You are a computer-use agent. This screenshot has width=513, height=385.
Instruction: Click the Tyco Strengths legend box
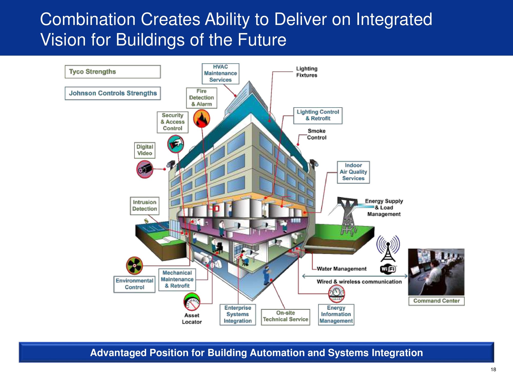(x=113, y=72)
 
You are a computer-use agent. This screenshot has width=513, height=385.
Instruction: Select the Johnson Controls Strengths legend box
(x=113, y=93)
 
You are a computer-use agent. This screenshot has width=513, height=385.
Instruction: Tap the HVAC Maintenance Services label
(x=220, y=74)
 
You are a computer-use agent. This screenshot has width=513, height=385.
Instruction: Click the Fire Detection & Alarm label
(x=202, y=98)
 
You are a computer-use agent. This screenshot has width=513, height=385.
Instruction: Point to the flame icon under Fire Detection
(x=202, y=119)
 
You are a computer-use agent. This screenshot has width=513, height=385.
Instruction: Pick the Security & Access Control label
(x=173, y=122)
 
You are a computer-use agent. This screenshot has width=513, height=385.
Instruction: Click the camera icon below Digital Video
(x=145, y=169)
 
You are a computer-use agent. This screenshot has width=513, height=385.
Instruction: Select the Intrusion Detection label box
(x=145, y=206)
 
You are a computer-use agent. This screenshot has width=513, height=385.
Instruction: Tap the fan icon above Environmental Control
(x=134, y=265)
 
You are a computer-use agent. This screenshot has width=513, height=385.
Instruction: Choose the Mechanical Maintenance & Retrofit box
(x=177, y=280)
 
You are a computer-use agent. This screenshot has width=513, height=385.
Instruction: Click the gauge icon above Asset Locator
(x=192, y=302)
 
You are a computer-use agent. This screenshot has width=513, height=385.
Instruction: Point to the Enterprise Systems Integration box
(x=238, y=314)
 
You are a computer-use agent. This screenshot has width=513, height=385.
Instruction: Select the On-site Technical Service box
(x=285, y=317)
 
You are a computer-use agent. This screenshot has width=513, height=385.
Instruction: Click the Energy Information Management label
(x=336, y=314)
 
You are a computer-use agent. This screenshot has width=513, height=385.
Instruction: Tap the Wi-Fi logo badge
(x=388, y=269)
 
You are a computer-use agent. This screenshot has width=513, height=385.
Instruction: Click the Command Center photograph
(x=436, y=272)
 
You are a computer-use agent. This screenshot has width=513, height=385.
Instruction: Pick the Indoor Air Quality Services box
(x=353, y=172)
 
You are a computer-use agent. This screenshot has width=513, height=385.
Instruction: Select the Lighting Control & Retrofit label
(x=318, y=115)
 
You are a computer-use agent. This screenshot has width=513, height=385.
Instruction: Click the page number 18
(x=493, y=370)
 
